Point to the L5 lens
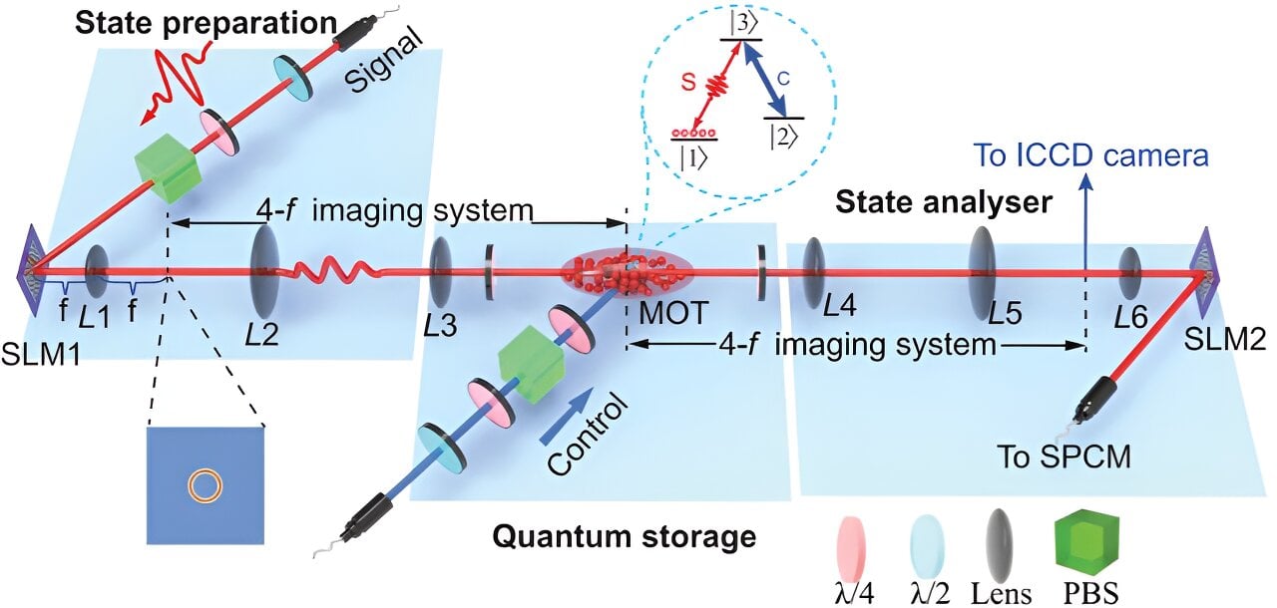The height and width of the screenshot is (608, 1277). pos(984,268)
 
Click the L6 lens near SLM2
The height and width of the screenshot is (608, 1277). pos(1129,270)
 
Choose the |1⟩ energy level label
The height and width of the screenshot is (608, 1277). pos(692,157)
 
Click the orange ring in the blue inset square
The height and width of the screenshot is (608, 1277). pos(206,485)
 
